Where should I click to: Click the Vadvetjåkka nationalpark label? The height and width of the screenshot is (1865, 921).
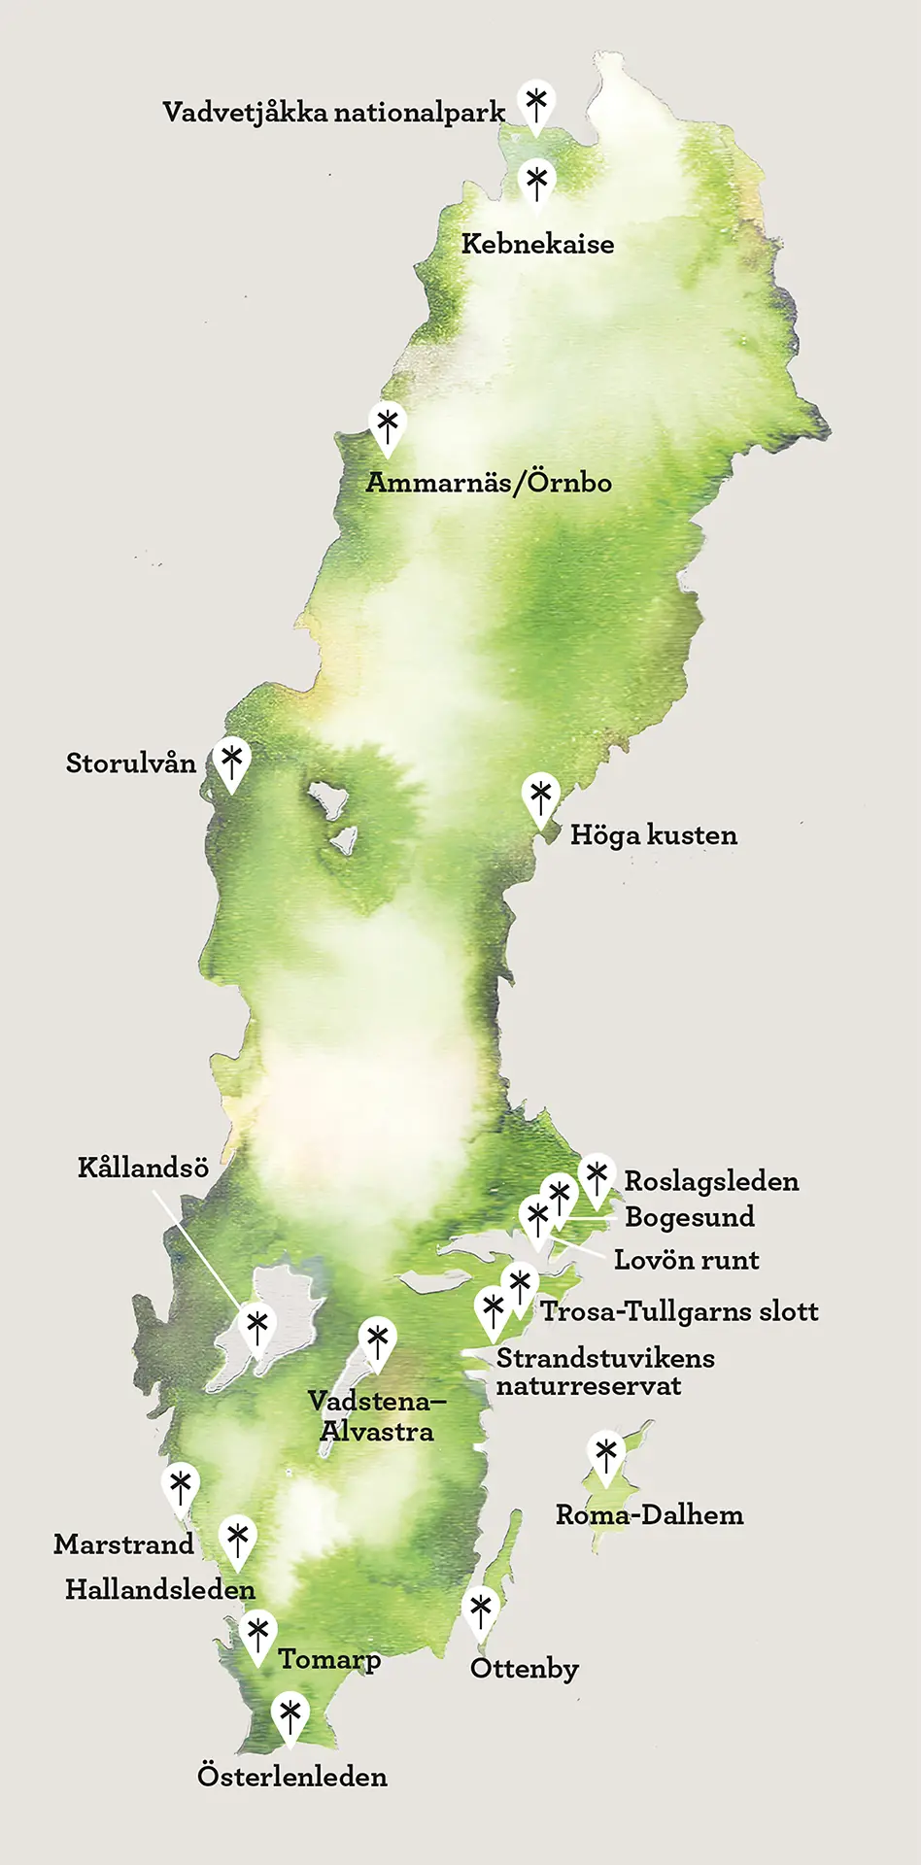tap(333, 113)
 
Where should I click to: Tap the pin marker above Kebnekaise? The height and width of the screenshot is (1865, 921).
tap(535, 183)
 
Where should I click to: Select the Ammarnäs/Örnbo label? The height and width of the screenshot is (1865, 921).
tap(489, 482)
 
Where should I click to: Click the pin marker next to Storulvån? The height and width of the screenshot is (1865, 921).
tap(231, 761)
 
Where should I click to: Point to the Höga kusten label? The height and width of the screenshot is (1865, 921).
tap(653, 835)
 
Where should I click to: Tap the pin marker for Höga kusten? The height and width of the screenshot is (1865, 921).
tap(540, 797)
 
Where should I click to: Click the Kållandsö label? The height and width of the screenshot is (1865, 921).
tap(143, 1168)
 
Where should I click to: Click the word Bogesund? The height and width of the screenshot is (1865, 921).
tap(690, 1217)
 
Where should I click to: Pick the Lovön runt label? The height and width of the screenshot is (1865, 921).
tap(686, 1260)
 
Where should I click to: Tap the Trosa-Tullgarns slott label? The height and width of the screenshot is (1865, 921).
tap(679, 1311)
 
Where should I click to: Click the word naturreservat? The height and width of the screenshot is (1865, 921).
tap(589, 1386)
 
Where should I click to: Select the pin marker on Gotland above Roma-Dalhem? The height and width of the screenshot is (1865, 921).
tap(606, 1455)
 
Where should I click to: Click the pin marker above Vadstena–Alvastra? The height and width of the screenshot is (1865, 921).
tap(377, 1341)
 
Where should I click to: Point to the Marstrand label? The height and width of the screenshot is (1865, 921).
tap(123, 1543)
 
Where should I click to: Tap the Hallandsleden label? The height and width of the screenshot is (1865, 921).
tap(160, 1589)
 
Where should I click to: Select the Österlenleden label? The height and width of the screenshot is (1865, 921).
tap(292, 1776)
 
